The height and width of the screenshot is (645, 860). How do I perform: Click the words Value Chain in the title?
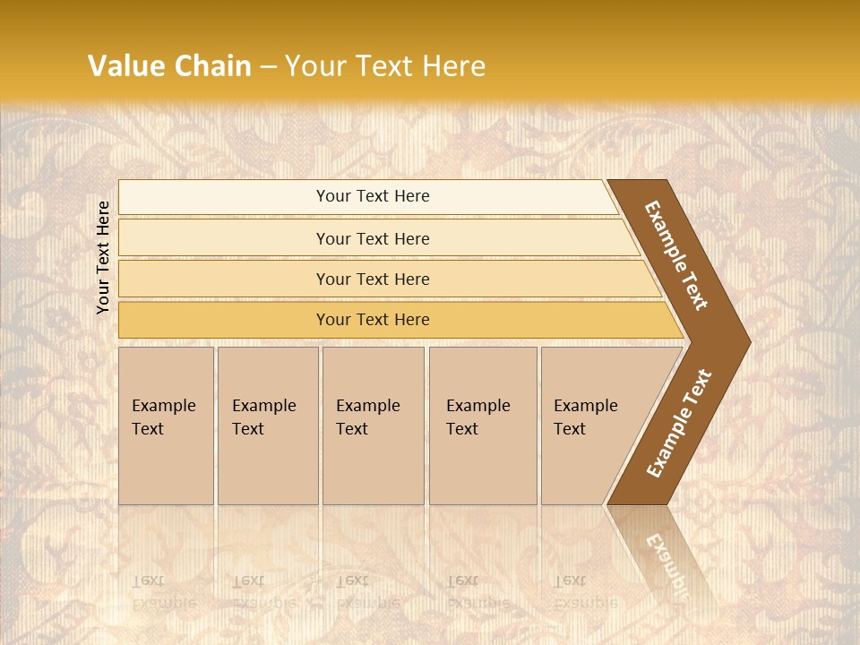click(x=169, y=66)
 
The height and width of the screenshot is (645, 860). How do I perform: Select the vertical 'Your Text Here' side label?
click(x=103, y=257)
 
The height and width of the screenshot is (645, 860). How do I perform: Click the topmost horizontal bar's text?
click(x=373, y=196)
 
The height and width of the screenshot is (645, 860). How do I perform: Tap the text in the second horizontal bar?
click(x=373, y=239)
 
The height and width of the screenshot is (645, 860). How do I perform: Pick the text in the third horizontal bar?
click(x=373, y=279)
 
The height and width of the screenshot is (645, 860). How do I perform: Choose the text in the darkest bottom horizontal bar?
click(x=373, y=320)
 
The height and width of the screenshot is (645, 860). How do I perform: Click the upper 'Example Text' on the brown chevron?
click(x=676, y=255)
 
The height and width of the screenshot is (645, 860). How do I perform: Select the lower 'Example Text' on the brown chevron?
click(x=679, y=423)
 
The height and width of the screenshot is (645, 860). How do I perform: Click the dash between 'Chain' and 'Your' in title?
click(x=268, y=66)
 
